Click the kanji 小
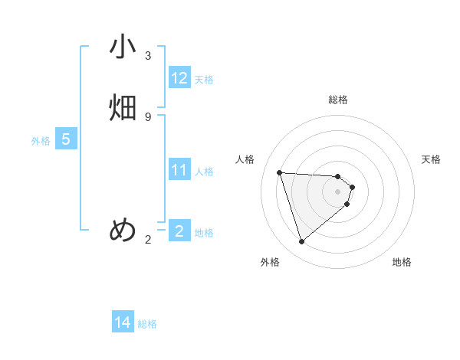(x=123, y=47)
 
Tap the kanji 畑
(x=123, y=108)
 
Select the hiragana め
(x=123, y=230)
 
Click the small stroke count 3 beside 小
(x=148, y=56)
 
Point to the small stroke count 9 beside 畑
(x=148, y=116)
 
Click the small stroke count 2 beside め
(x=148, y=240)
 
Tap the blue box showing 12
(x=179, y=78)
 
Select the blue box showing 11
(x=179, y=170)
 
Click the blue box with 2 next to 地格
(x=179, y=231)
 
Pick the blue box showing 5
(x=66, y=139)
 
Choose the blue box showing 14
(x=123, y=323)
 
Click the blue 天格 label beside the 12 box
(x=204, y=80)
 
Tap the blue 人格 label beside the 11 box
(x=204, y=172)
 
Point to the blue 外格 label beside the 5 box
(x=41, y=141)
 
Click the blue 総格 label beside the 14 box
(x=147, y=325)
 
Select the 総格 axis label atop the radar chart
(x=338, y=100)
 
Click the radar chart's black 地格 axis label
(x=402, y=262)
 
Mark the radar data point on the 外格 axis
(x=301, y=242)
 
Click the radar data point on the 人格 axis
(x=280, y=172)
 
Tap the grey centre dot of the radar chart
(x=338, y=191)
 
